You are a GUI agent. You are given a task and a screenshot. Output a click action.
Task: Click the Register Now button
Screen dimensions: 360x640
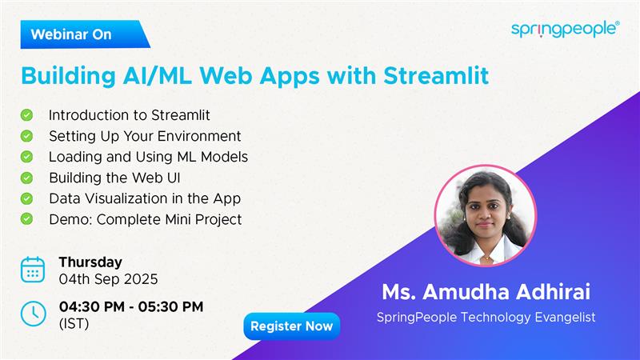pos(291,326)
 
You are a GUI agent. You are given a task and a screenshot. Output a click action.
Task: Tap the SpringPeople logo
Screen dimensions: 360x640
pos(565,29)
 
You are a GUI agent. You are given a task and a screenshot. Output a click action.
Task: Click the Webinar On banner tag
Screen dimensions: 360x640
pos(80,34)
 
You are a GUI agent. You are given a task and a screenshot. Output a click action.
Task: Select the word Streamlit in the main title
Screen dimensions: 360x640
pos(430,76)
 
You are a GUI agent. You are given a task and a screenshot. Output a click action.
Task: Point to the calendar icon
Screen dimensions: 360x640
pos(33,270)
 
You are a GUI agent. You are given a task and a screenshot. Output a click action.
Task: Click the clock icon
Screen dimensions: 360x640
pos(33,314)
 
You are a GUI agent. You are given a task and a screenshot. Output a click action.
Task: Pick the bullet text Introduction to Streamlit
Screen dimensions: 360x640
pos(129,115)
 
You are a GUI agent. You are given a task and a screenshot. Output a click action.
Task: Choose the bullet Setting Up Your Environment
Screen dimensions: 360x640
pos(145,136)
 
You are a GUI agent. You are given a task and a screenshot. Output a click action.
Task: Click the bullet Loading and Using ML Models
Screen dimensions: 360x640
pos(148,157)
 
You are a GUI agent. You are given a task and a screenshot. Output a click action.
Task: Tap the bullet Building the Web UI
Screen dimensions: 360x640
pos(120,178)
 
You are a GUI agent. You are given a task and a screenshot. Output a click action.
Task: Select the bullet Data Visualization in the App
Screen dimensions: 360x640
pos(145,198)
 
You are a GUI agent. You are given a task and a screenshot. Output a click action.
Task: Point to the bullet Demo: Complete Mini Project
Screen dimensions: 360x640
pos(145,219)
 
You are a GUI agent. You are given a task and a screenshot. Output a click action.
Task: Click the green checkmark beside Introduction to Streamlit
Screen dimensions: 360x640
pos(27,115)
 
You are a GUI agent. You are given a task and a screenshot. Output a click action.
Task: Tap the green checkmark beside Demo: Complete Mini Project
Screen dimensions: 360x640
pos(27,218)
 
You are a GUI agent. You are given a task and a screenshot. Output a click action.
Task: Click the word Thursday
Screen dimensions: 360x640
pos(90,262)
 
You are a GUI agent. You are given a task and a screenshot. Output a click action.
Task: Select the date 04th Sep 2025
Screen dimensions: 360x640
pos(108,279)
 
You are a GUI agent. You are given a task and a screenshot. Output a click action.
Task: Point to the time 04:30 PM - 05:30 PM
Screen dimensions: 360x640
pos(131,306)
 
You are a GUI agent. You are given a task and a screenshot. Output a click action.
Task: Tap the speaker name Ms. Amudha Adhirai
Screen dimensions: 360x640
pos(486,293)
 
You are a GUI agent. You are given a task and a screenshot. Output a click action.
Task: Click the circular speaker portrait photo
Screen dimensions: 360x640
pos(486,215)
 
